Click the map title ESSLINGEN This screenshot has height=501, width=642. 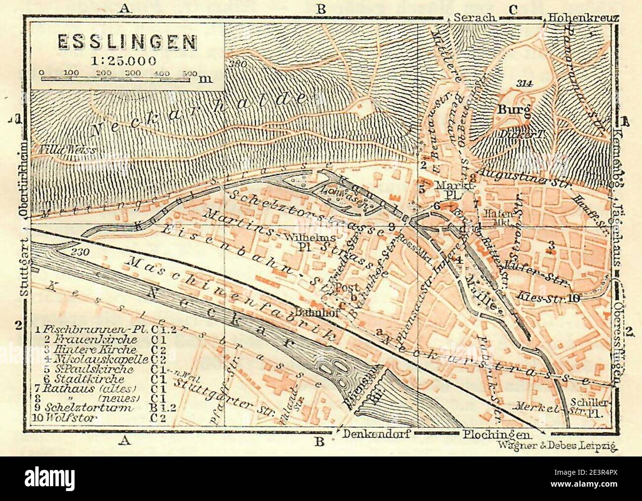pos(127,43)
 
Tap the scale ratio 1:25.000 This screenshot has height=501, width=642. pos(117,61)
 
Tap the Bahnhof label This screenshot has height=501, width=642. pos(310,312)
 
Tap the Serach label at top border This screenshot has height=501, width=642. pos(474,17)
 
